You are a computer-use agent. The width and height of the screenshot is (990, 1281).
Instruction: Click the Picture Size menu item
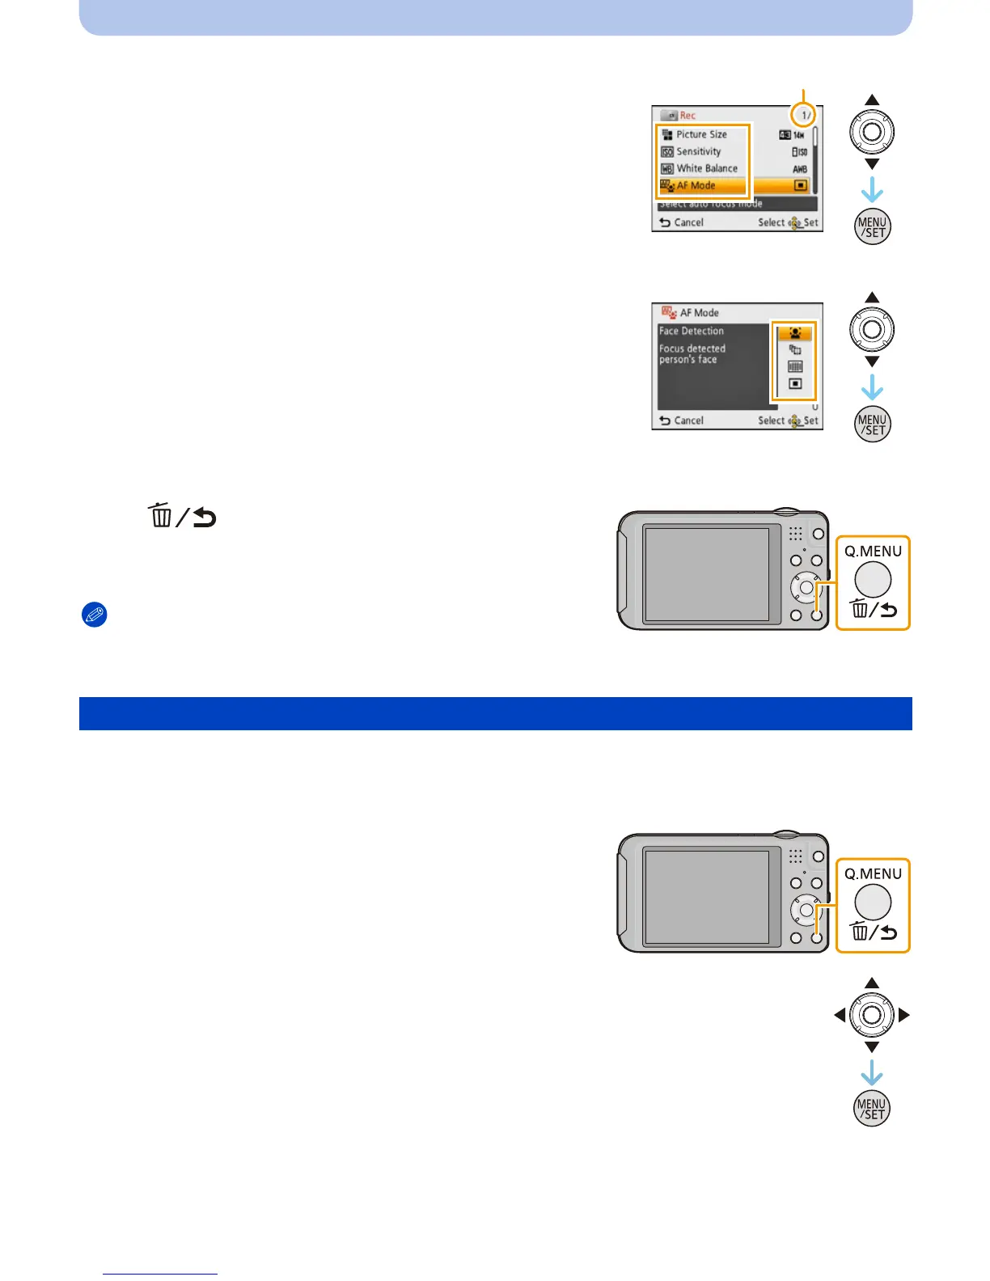[x=701, y=134]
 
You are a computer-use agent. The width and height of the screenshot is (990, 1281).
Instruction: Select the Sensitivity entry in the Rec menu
[x=698, y=151]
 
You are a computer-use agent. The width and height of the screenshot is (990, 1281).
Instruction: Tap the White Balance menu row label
[x=706, y=168]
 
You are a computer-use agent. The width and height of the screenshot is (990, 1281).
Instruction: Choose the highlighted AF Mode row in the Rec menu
[x=696, y=186]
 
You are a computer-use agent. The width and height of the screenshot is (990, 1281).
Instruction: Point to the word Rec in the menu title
[x=687, y=116]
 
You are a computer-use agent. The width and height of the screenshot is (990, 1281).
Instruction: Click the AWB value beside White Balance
[x=800, y=169]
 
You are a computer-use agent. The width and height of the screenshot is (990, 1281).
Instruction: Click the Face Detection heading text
[x=691, y=331]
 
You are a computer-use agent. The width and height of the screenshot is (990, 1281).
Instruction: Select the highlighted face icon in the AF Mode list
[x=795, y=333]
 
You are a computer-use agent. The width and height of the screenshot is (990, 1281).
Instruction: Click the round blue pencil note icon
[x=95, y=615]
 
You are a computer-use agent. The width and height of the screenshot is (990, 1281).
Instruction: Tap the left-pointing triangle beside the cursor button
[x=840, y=1015]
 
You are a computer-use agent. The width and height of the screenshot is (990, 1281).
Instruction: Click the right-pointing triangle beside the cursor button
[x=904, y=1015]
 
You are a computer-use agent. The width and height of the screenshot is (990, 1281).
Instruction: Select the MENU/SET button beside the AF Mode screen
[x=872, y=425]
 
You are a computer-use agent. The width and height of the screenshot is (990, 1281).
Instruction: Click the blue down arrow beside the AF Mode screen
[x=872, y=388]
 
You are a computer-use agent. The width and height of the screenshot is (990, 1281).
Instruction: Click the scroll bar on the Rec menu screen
[x=815, y=137]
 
